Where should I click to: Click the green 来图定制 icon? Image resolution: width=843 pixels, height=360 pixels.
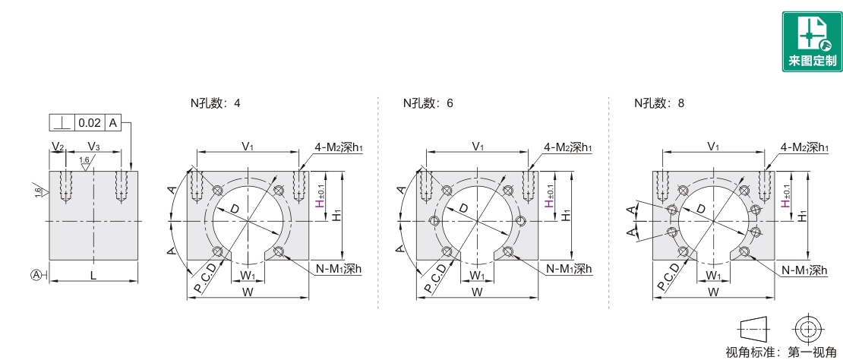click(x=812, y=42)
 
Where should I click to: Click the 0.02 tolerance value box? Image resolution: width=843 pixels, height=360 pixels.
click(x=90, y=122)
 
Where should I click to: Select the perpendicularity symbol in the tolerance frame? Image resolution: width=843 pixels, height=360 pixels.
click(x=62, y=122)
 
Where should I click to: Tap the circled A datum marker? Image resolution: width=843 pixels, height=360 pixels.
click(x=36, y=276)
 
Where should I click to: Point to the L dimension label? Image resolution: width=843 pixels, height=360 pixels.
click(x=93, y=275)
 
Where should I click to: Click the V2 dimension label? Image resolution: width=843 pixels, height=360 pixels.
click(x=58, y=146)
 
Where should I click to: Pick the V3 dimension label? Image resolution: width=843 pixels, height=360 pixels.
click(x=93, y=146)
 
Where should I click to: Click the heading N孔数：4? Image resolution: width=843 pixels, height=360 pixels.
click(x=216, y=103)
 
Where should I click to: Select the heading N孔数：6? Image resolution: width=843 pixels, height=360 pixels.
click(x=428, y=103)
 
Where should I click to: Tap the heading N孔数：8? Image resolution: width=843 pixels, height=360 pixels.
click(x=659, y=103)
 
